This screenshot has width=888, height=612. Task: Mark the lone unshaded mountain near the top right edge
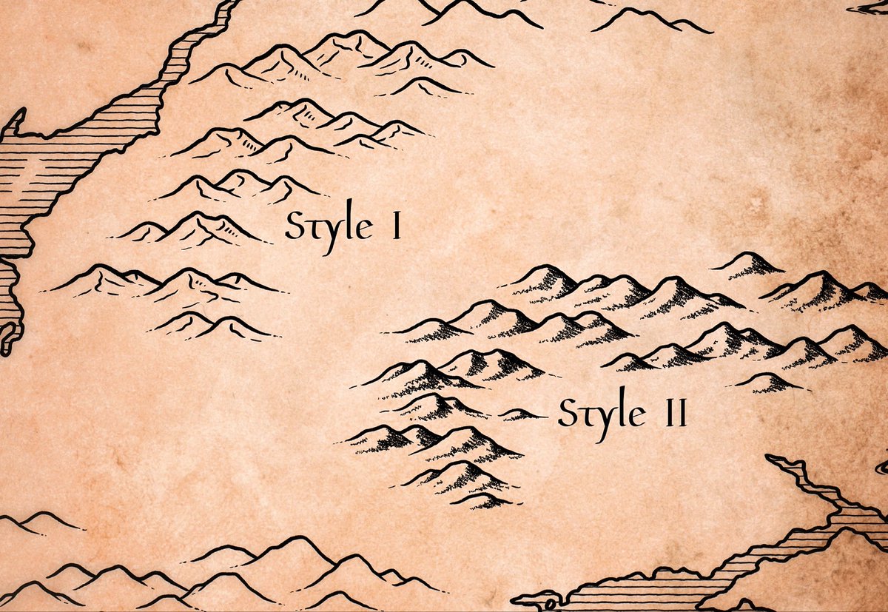click(x=651, y=20)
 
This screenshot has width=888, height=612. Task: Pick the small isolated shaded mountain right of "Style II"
click(x=770, y=382)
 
